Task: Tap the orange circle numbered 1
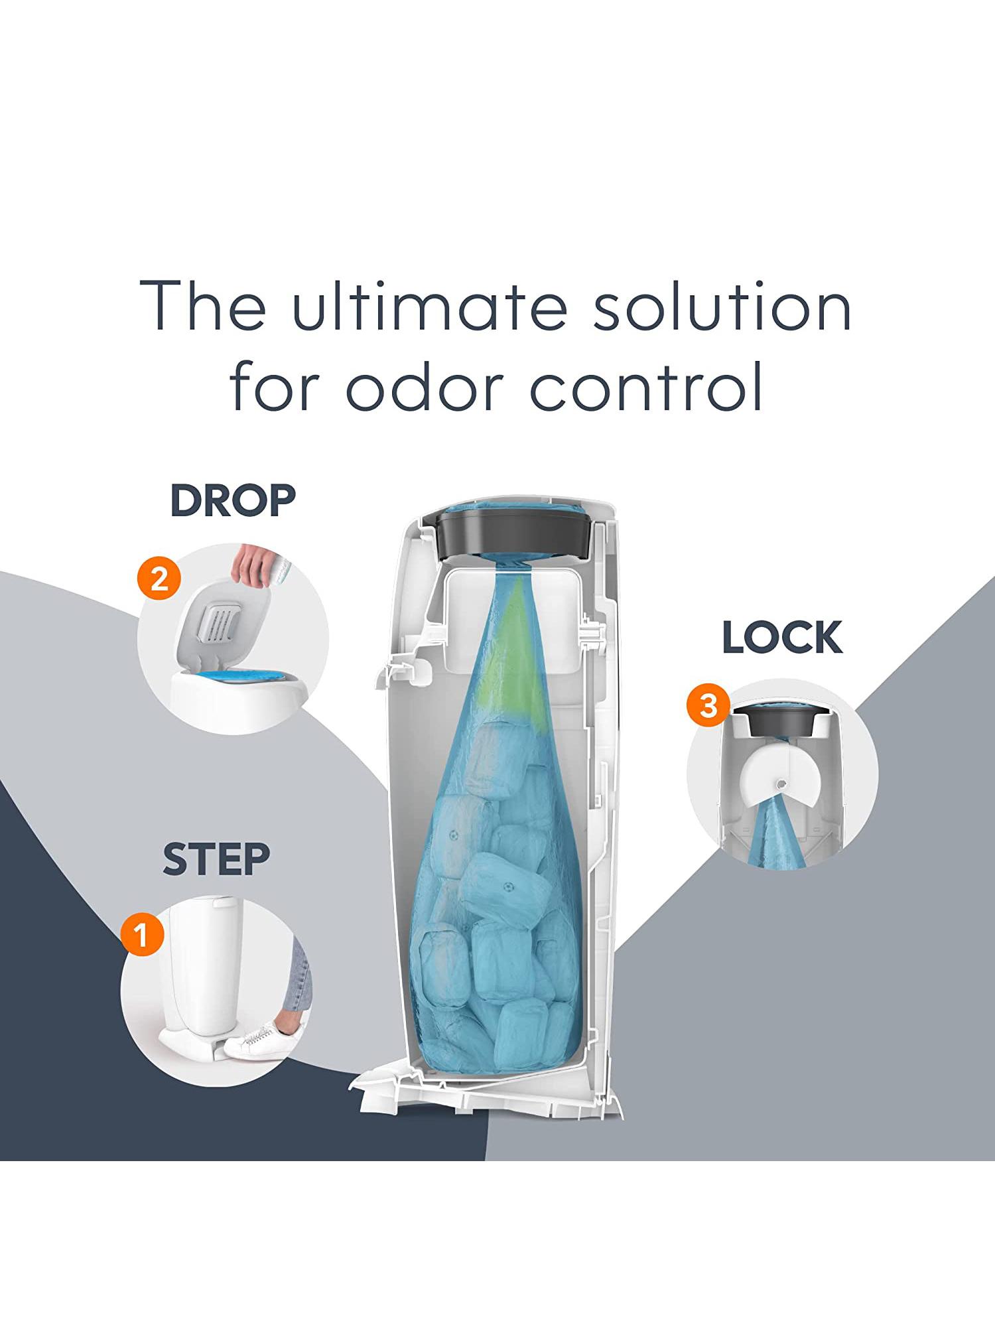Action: tap(142, 935)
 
